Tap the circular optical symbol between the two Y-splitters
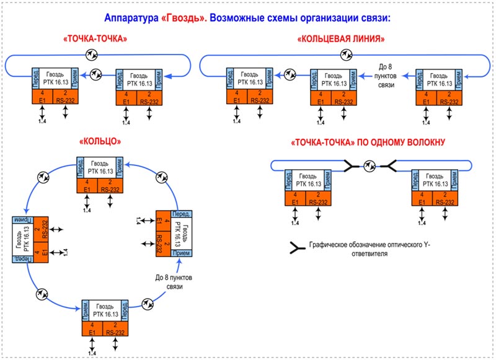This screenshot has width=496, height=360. coord(370,165)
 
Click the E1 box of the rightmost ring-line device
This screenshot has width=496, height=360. coord(427,97)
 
